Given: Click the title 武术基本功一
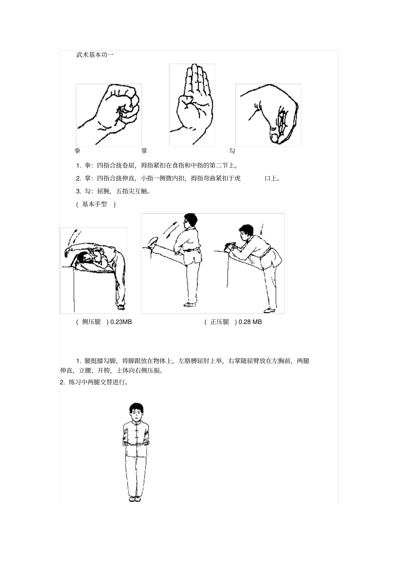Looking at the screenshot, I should pos(95,54).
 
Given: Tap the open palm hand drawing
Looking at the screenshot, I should pos(192,105).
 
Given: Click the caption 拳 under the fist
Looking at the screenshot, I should pos(78,151).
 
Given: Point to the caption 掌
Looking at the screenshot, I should pos(144,151).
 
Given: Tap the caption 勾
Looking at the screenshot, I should pos(232,151).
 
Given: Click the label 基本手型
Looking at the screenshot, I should pos(95,204).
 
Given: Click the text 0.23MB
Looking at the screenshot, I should pos(121,322).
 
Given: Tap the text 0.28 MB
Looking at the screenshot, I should pos(250,322).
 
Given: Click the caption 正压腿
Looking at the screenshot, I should pos(220,322).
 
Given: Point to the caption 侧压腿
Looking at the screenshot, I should pos(91,322).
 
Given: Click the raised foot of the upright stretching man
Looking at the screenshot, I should pos(152,242).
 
